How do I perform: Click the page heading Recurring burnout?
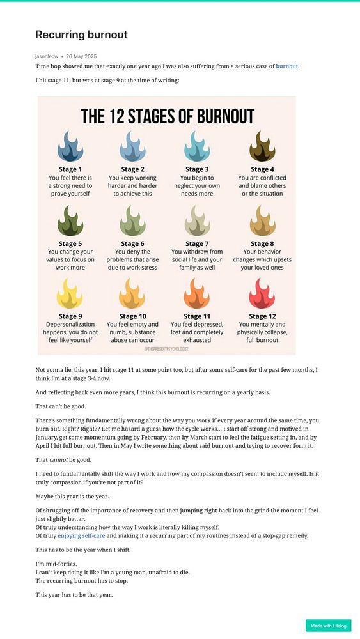81,35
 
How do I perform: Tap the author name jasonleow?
47,56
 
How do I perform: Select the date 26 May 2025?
81,56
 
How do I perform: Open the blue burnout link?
287,66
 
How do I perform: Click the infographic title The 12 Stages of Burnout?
168,116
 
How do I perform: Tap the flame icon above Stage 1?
70,147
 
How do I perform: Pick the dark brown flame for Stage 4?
262,147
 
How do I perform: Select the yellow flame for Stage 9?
70,294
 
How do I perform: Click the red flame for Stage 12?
262,294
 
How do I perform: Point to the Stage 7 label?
197,243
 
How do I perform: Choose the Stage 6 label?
132,243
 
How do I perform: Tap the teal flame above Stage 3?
197,147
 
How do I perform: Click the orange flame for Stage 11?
197,294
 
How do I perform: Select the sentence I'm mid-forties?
57,564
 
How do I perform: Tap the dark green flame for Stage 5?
70,220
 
